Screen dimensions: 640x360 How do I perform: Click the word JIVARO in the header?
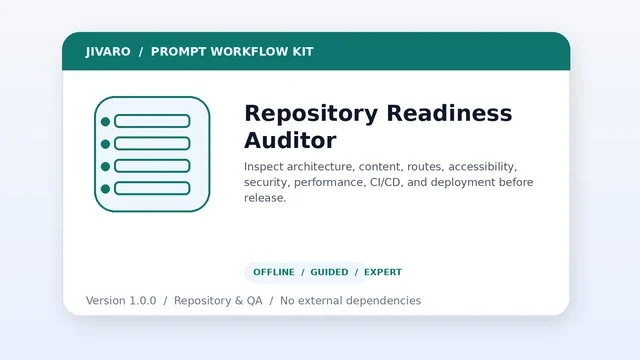point(108,52)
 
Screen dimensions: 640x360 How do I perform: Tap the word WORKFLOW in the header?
point(249,52)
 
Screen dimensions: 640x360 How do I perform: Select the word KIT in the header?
point(303,52)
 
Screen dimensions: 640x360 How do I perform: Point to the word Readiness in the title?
point(449,113)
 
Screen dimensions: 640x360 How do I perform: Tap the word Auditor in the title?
point(290,140)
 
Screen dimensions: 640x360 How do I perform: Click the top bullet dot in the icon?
point(105,122)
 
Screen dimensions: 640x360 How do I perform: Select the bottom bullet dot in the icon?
point(105,189)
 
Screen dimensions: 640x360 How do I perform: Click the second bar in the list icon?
point(152,144)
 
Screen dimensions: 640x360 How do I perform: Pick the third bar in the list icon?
point(152,166)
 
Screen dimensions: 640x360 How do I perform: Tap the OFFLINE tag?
point(274,272)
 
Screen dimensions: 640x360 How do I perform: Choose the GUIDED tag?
point(329,272)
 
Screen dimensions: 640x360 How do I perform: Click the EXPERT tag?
point(383,272)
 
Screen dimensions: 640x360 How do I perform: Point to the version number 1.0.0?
point(143,301)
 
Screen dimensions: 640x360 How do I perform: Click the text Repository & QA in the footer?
point(218,301)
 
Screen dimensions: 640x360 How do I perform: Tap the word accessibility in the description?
point(482,167)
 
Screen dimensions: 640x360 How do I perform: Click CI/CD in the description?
point(385,182)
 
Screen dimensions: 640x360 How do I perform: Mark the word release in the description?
point(265,198)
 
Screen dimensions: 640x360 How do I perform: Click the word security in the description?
point(267,182)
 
